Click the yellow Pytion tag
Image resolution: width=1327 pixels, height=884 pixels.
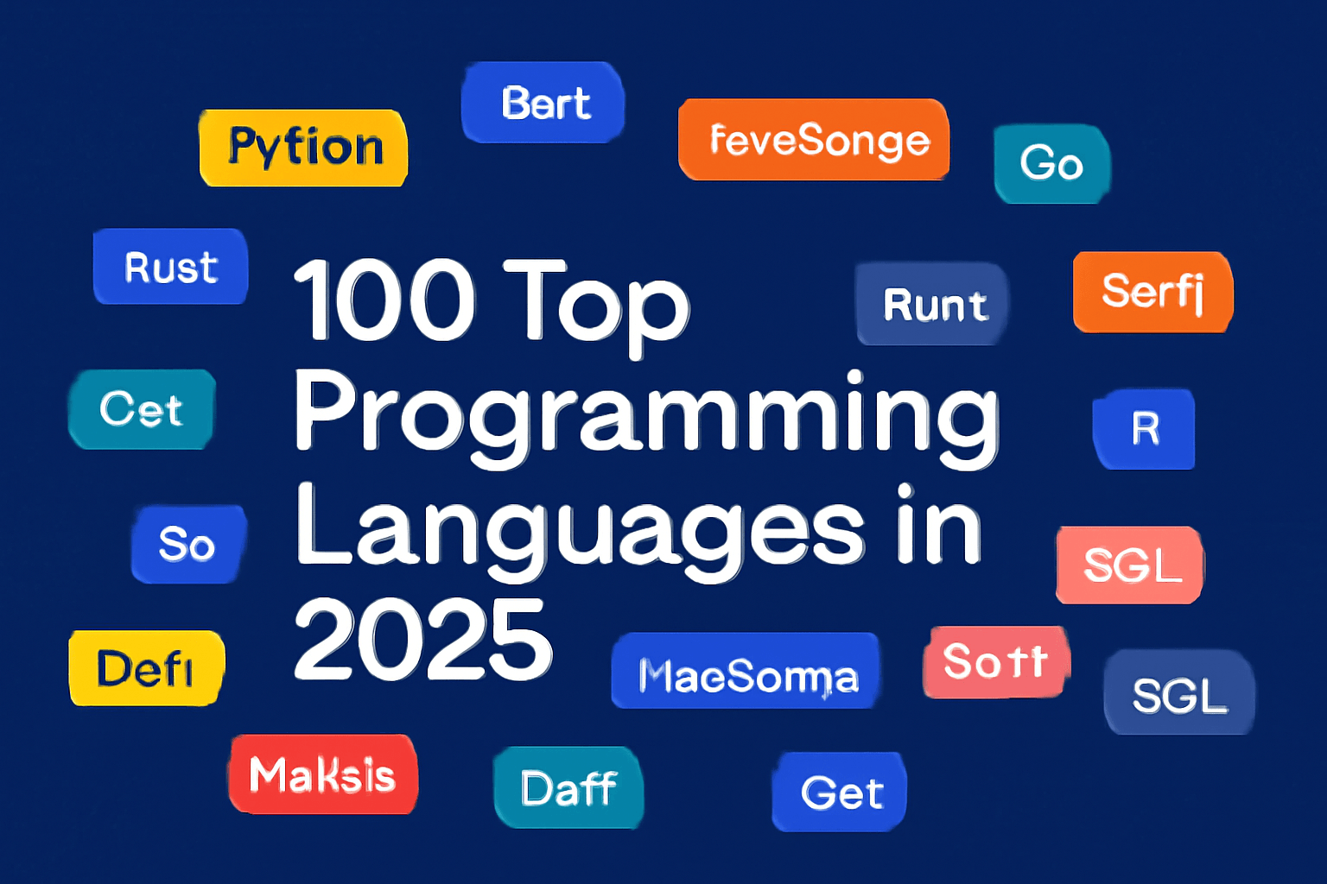tap(303, 148)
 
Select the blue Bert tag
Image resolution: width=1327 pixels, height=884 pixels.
tap(543, 103)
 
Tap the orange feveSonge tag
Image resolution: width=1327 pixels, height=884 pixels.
tap(814, 140)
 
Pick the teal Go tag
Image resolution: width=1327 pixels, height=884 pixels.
tap(1051, 164)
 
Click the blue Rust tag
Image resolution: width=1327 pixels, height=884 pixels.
tap(170, 267)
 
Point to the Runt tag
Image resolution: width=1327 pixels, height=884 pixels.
tap(932, 304)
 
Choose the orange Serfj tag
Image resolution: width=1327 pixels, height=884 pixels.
tap(1152, 292)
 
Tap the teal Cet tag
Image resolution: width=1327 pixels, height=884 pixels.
tap(142, 409)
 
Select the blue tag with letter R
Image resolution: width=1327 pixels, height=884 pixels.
tap(1145, 428)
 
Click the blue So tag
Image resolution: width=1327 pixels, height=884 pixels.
tap(187, 544)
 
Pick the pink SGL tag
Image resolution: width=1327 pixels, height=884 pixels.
tap(1130, 565)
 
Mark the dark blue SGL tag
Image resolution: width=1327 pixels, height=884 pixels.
tap(1179, 693)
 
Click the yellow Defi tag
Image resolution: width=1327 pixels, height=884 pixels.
tap(146, 668)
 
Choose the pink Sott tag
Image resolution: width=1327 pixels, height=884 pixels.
tap(996, 662)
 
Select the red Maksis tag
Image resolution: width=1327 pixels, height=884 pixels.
tap(322, 774)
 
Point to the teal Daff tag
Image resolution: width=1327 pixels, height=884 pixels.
tap(568, 787)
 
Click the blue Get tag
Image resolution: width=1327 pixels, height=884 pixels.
tap(840, 792)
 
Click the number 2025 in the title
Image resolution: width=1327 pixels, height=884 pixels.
tap(422, 640)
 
